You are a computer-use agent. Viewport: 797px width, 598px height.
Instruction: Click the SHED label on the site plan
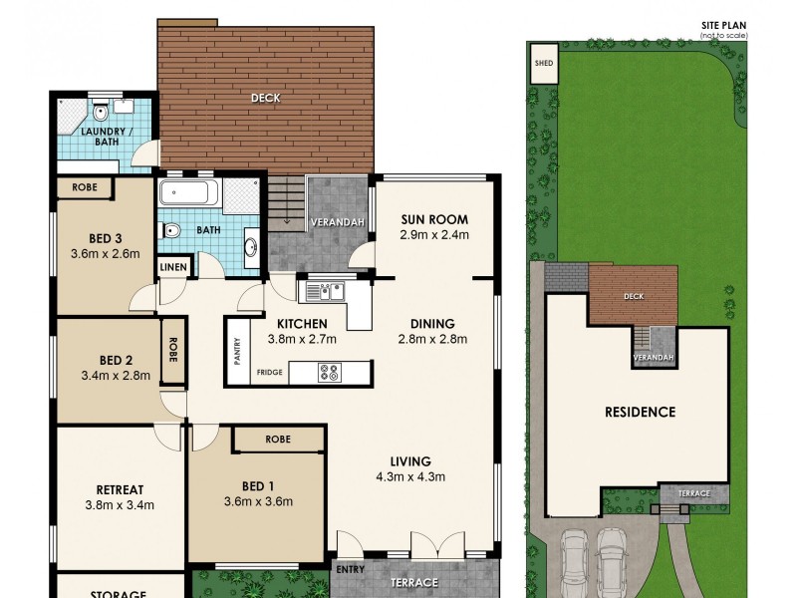(x=544, y=62)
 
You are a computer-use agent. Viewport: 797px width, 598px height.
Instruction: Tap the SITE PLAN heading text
(x=723, y=27)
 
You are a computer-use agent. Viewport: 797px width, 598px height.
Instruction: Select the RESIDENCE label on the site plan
(x=640, y=412)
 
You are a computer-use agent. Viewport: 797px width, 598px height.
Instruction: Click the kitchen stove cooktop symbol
(x=330, y=373)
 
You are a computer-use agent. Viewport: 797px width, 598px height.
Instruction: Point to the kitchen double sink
(x=325, y=291)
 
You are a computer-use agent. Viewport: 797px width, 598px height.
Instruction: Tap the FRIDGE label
(x=269, y=373)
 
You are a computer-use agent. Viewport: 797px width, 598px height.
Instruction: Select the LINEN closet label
(x=172, y=267)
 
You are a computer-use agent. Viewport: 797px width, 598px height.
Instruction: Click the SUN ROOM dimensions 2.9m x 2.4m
(x=434, y=236)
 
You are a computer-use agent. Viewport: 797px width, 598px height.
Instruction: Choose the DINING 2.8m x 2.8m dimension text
(x=433, y=339)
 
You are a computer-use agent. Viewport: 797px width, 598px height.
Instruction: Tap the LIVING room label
(x=410, y=461)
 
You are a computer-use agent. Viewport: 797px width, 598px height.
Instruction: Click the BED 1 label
(x=257, y=486)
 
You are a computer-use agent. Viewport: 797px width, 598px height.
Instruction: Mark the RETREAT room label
(x=120, y=489)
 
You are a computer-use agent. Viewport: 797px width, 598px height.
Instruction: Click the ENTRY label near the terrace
(x=350, y=570)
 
